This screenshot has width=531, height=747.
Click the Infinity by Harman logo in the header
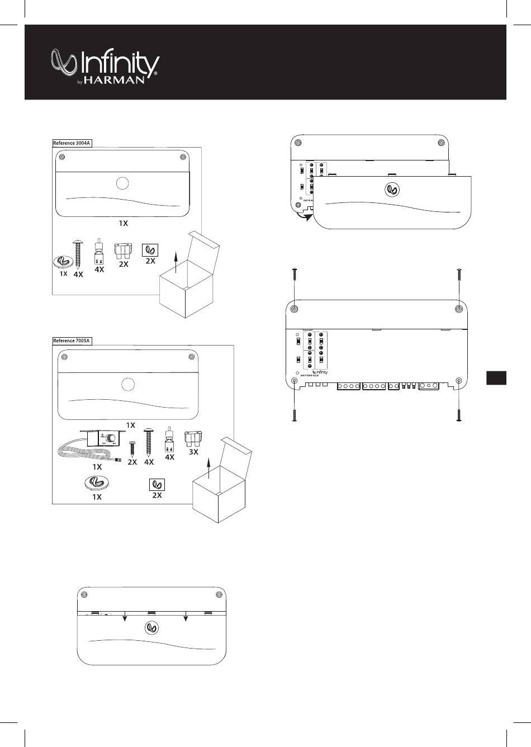coord(105,67)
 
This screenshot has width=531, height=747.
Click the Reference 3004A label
coord(72,143)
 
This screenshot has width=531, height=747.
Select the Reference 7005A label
coord(72,341)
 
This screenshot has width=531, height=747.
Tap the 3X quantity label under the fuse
coord(193,452)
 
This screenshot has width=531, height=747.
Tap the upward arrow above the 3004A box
coord(177,261)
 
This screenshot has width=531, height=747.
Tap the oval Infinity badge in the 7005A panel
coord(97,483)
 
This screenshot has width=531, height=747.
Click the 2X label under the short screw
coord(132,462)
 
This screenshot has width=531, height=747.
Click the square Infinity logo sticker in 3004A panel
coord(150,249)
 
